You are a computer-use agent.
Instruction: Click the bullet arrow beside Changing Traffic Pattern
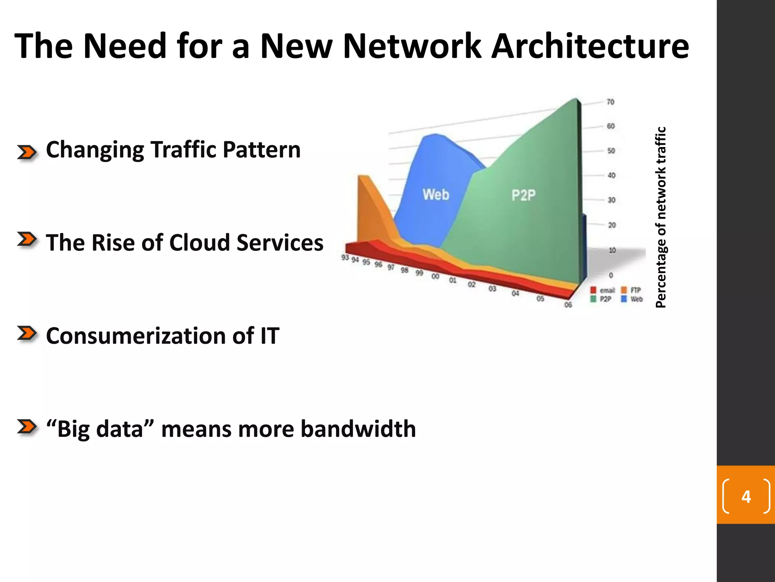click(x=27, y=152)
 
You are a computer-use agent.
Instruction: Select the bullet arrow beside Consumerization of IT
click(x=27, y=334)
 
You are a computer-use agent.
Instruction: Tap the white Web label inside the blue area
click(x=436, y=195)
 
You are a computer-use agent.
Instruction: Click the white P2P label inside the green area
click(x=523, y=196)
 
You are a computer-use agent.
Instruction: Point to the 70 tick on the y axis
click(x=610, y=102)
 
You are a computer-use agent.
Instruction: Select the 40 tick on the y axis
click(x=611, y=175)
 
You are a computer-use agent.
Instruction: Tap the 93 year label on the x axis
click(x=345, y=258)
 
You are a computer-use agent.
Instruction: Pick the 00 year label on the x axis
click(x=435, y=277)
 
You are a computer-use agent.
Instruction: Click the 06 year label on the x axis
click(x=568, y=305)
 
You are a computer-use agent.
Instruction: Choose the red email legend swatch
click(x=593, y=290)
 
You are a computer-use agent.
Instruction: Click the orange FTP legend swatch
click(x=624, y=290)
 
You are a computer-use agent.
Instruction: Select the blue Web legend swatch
click(x=624, y=299)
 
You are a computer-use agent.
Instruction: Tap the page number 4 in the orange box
click(x=746, y=497)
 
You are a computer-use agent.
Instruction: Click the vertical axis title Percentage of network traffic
click(x=660, y=217)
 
